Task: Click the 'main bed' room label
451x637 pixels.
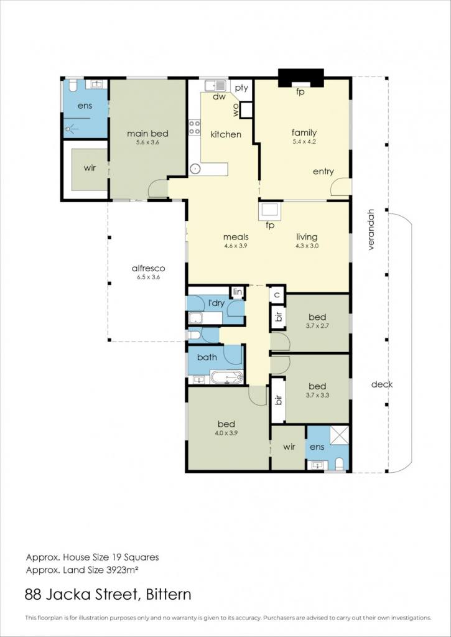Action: click(x=147, y=134)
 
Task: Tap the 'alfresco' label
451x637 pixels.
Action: click(x=148, y=268)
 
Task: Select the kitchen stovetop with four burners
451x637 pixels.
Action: click(x=195, y=127)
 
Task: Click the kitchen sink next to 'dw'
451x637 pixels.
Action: click(x=215, y=86)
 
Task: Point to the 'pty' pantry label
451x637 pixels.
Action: click(x=242, y=88)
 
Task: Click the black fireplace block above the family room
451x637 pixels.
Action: click(x=300, y=78)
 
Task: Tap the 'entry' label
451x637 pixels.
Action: click(x=323, y=172)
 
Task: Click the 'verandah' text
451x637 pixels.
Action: click(x=371, y=230)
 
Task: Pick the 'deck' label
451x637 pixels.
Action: click(x=382, y=384)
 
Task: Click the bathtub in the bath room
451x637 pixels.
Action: click(x=226, y=378)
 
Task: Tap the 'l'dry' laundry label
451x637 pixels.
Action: click(x=216, y=303)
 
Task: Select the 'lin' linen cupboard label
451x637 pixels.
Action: click(x=237, y=292)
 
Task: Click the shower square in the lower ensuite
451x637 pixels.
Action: click(x=339, y=435)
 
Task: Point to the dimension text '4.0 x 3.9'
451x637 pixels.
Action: click(x=228, y=433)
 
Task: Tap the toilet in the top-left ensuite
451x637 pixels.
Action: click(x=73, y=85)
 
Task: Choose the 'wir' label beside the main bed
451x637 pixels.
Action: click(x=90, y=167)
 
